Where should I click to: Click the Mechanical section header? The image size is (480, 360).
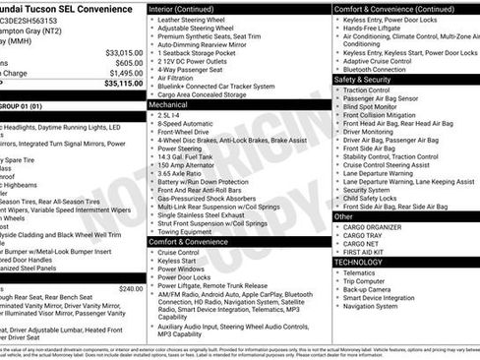[168, 103]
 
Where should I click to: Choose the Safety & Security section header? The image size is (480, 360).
[363, 80]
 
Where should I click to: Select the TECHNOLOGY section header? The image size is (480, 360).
[358, 263]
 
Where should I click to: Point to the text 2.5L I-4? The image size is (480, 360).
[170, 115]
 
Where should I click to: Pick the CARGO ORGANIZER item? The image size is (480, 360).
[372, 227]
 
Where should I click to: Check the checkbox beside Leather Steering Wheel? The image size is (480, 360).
[151, 20]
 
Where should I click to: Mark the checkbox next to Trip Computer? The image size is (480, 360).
[336, 281]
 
